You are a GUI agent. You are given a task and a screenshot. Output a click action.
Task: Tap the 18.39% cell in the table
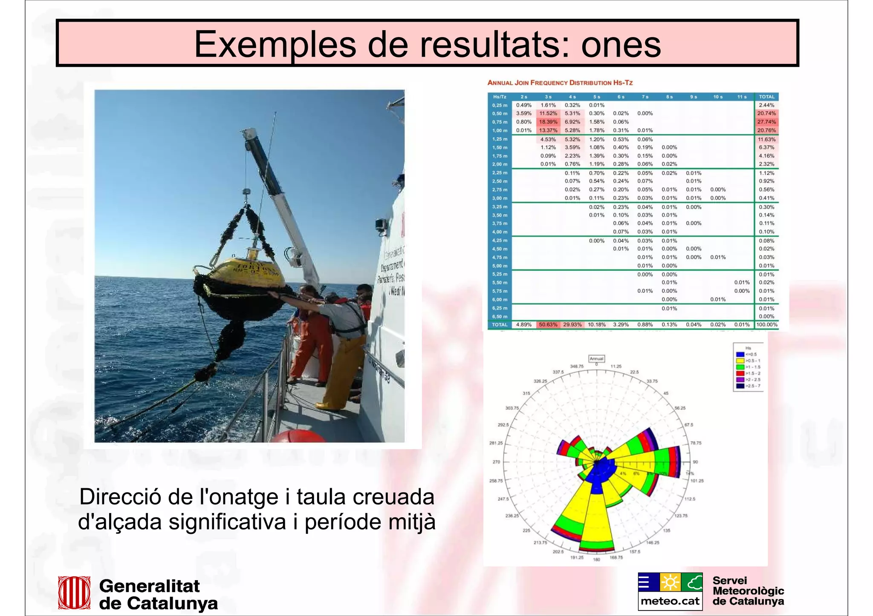[548, 122]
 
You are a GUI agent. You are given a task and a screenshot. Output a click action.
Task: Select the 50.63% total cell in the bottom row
[548, 324]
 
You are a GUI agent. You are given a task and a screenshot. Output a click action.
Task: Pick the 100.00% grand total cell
[766, 324]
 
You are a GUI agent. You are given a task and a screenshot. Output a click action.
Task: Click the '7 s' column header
[645, 97]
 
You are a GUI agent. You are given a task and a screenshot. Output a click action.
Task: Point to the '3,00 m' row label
[500, 198]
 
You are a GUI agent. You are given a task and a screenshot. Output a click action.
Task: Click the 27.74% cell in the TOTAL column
[766, 122]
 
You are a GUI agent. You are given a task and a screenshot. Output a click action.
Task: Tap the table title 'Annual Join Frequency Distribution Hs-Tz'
[560, 83]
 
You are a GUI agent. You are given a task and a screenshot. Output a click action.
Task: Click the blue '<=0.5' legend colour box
[740, 354]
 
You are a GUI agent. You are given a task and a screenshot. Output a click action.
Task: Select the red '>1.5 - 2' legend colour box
[740, 373]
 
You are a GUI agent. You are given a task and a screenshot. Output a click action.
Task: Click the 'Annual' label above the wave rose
[596, 358]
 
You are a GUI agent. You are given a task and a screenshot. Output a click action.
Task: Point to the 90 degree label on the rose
[695, 462]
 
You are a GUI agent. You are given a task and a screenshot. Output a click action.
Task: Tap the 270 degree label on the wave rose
[496, 462]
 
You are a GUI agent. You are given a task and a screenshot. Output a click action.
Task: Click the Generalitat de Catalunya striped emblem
[74, 593]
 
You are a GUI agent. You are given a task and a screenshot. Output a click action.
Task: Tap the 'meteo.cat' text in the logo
[670, 601]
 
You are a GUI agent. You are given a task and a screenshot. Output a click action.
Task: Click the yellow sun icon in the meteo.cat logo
[670, 582]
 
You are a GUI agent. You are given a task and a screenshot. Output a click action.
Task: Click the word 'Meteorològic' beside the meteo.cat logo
[748, 591]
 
